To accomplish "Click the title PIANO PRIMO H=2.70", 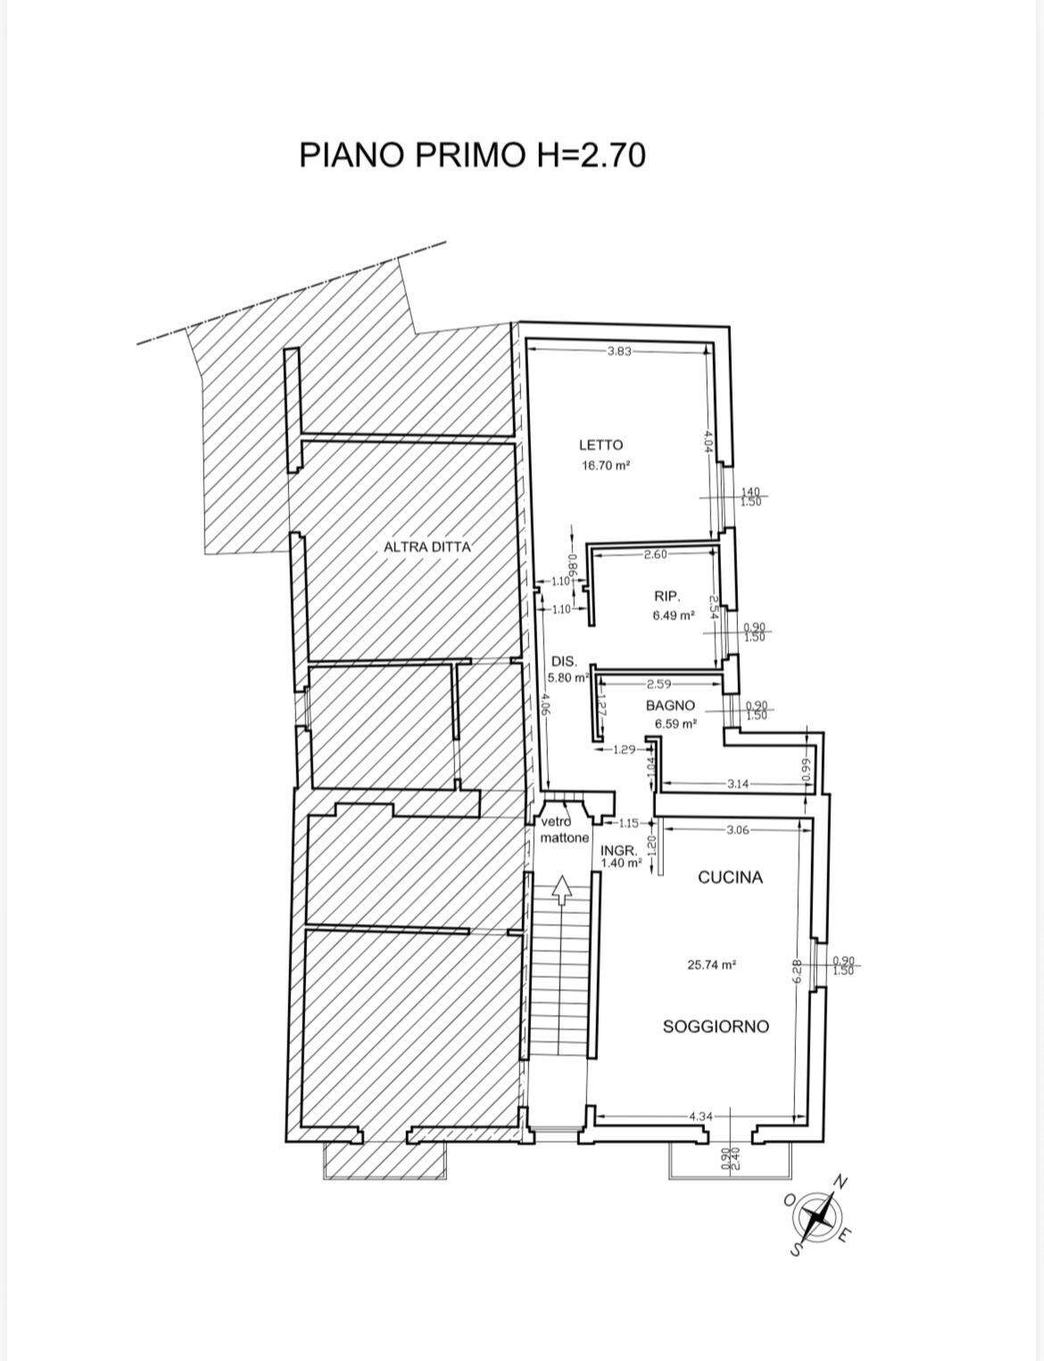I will [472, 155].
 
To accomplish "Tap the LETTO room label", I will [601, 444].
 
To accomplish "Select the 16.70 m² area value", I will [606, 465].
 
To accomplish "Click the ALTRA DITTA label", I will [427, 547].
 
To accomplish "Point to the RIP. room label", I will [667, 596].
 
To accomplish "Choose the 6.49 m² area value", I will [673, 615].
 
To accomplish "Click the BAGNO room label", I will [670, 705].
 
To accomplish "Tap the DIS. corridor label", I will [564, 662].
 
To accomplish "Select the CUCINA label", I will [730, 878].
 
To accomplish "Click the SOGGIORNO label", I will [716, 1027].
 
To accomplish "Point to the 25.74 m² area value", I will [711, 964].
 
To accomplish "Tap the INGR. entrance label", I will [618, 851].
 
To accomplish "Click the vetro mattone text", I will [564, 830].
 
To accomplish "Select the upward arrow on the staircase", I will [561, 889].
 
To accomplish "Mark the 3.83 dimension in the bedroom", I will [618, 351].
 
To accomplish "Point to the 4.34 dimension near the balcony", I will [700, 1116].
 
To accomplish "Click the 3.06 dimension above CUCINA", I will [738, 829].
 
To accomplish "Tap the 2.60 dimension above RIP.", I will [655, 555].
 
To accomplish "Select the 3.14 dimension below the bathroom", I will [738, 784].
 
